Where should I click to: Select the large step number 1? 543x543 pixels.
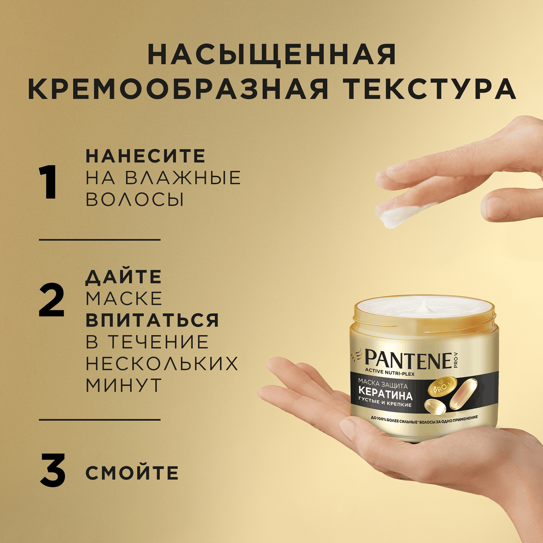click(x=48, y=182)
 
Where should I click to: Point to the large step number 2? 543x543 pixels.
click(x=51, y=300)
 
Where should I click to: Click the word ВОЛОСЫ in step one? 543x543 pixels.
click(x=135, y=200)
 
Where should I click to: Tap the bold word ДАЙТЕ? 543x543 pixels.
click(x=124, y=277)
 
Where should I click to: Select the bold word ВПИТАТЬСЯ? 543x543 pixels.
click(x=152, y=320)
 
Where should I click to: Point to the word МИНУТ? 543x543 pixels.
click(x=124, y=385)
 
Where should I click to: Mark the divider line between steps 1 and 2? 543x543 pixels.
click(x=100, y=240)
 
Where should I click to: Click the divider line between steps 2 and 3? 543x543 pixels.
click(x=100, y=420)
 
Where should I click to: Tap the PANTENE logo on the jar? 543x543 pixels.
click(x=407, y=360)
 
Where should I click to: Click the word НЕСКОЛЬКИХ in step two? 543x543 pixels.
click(x=162, y=363)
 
